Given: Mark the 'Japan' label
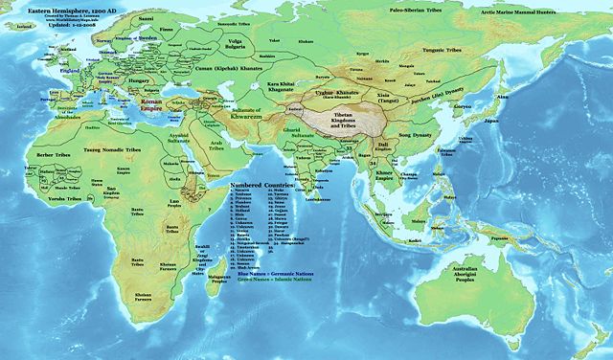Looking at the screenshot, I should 490,123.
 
